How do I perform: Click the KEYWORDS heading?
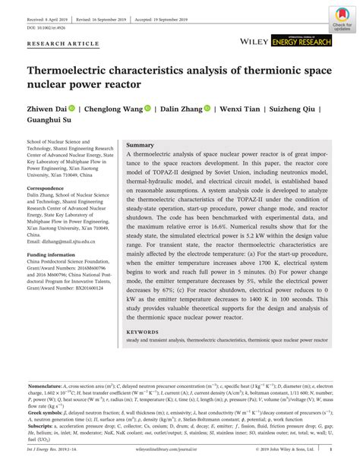pyautogui.click(x=142, y=331)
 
